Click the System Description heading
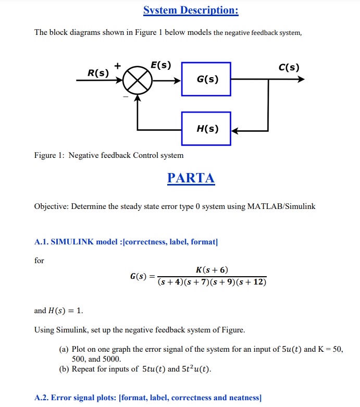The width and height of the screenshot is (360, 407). [190, 11]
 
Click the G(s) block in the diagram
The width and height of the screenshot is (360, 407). [206, 80]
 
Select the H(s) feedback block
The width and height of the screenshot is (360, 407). [206, 129]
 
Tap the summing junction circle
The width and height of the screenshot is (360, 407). [138, 81]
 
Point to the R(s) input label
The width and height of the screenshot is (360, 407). [98, 73]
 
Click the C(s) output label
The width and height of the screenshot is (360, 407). [289, 67]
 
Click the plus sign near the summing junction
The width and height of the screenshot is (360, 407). [118, 66]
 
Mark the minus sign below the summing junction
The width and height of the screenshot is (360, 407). [125, 96]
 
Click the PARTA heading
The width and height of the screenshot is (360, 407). [191, 178]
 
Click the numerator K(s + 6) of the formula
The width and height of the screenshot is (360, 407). [212, 269]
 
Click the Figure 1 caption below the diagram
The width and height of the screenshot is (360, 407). [109, 155]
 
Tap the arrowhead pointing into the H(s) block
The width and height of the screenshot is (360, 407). [235, 129]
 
